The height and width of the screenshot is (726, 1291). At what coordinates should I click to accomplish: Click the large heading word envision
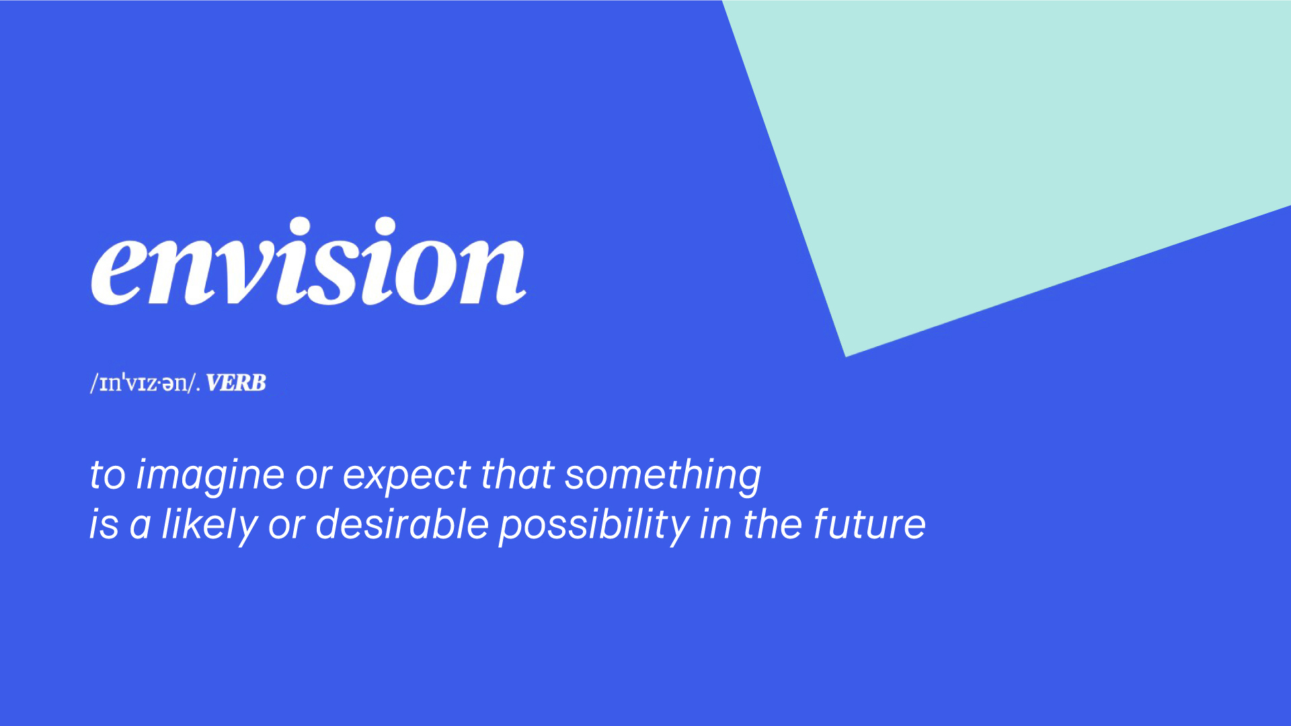(308, 261)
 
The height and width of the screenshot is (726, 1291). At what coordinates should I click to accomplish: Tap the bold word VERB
(236, 383)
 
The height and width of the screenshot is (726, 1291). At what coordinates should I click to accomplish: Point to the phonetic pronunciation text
(145, 383)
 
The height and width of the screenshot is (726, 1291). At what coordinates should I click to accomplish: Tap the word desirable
(401, 524)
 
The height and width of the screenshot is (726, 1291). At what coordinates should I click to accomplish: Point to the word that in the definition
(517, 475)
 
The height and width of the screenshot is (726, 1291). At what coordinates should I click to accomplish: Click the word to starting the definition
(108, 476)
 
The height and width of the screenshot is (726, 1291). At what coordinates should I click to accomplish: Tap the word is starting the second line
(104, 525)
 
